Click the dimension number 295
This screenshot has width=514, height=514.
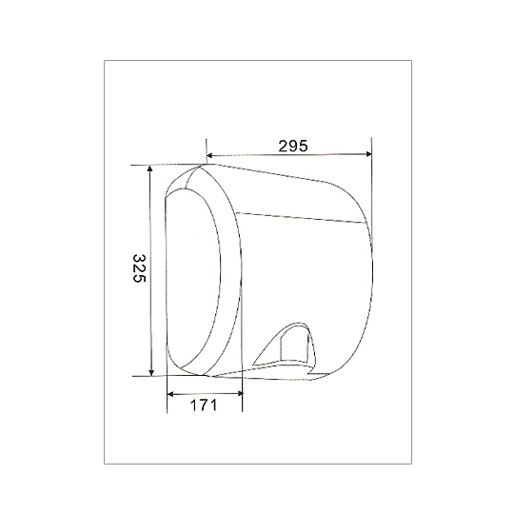pyautogui.click(x=293, y=146)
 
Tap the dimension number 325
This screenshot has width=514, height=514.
pyautogui.click(x=139, y=267)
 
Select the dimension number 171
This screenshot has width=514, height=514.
pyautogui.click(x=204, y=405)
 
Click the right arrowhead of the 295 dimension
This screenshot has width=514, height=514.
pyautogui.click(x=368, y=154)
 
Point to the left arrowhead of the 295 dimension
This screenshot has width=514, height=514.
pyautogui.click(x=210, y=155)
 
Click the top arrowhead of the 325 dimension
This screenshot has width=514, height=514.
pyautogui.click(x=149, y=168)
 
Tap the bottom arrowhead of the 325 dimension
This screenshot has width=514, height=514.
pyautogui.click(x=151, y=372)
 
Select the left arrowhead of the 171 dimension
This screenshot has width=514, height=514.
pyautogui.click(x=170, y=394)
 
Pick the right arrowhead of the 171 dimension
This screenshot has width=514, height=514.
pyautogui.click(x=239, y=393)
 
